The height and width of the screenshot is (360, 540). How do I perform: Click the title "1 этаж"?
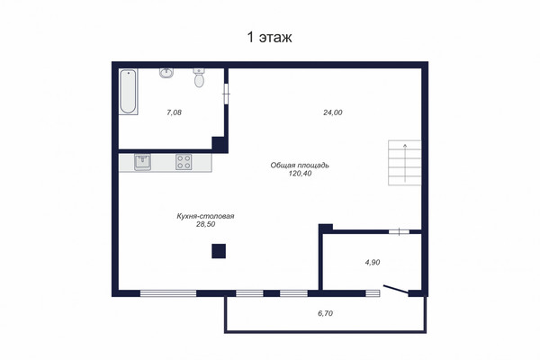[270, 37]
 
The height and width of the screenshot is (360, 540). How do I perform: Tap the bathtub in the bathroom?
[128, 92]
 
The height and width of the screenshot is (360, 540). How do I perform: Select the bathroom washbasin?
[166, 73]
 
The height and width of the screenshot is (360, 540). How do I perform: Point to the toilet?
[199, 78]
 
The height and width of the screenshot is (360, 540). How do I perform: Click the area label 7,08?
[174, 112]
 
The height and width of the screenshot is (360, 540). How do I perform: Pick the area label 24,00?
[333, 112]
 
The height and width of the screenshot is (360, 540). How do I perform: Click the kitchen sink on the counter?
[142, 162]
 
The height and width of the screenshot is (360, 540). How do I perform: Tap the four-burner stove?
[184, 162]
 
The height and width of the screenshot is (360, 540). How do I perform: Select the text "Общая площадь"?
[300, 166]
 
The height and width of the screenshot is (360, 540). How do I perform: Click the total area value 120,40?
[300, 174]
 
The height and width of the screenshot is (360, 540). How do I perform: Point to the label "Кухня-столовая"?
[205, 216]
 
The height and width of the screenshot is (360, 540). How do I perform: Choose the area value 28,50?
[205, 224]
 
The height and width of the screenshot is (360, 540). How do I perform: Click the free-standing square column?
[219, 251]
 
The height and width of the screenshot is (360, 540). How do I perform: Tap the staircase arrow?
[405, 163]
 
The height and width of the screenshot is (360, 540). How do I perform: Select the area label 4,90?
[373, 263]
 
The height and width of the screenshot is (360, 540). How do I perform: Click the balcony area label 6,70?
[325, 313]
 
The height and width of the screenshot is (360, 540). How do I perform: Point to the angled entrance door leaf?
[396, 290]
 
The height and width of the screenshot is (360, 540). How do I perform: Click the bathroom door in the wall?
[226, 94]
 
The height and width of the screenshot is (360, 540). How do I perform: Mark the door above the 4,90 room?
[399, 232]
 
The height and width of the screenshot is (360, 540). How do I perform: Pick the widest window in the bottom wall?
[168, 293]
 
